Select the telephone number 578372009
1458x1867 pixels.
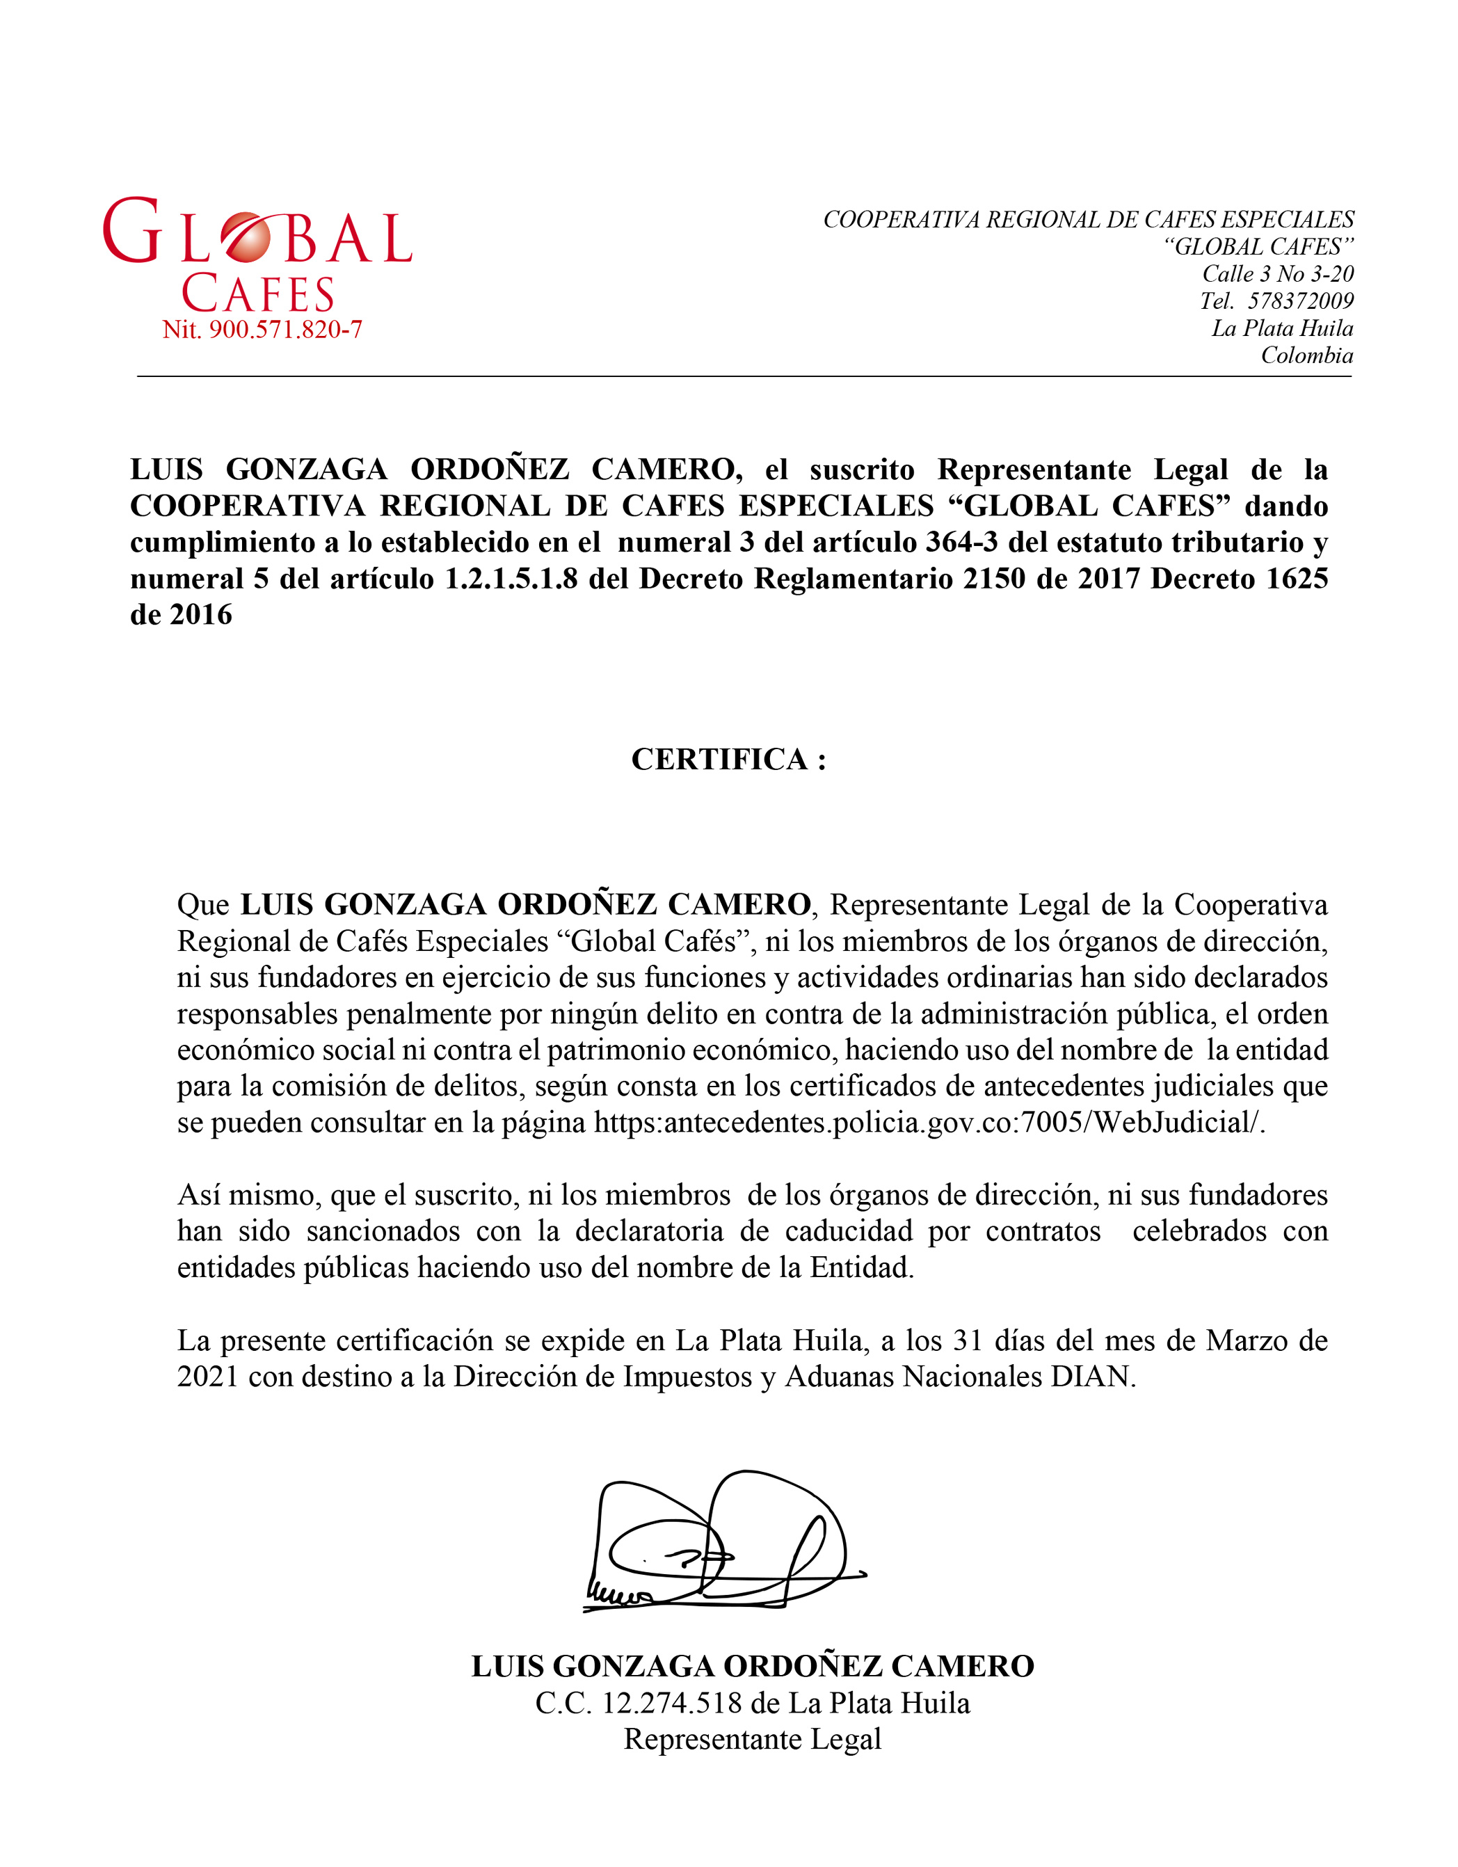coord(1301,301)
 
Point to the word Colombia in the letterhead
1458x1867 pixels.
coord(1307,355)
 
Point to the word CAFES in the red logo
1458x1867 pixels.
coord(258,295)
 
